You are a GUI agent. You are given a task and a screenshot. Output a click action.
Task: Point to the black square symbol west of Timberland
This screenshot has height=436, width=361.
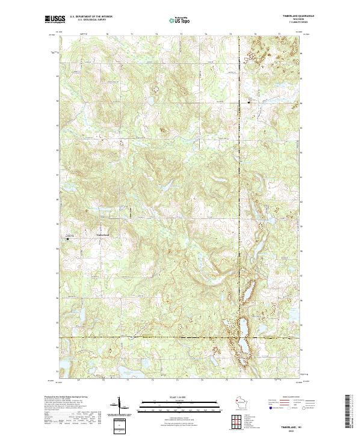[67, 239]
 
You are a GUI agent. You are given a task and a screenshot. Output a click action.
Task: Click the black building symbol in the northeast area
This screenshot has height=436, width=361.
[251, 102]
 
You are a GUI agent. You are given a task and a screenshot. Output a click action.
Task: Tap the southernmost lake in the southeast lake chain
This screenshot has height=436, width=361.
[243, 349]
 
